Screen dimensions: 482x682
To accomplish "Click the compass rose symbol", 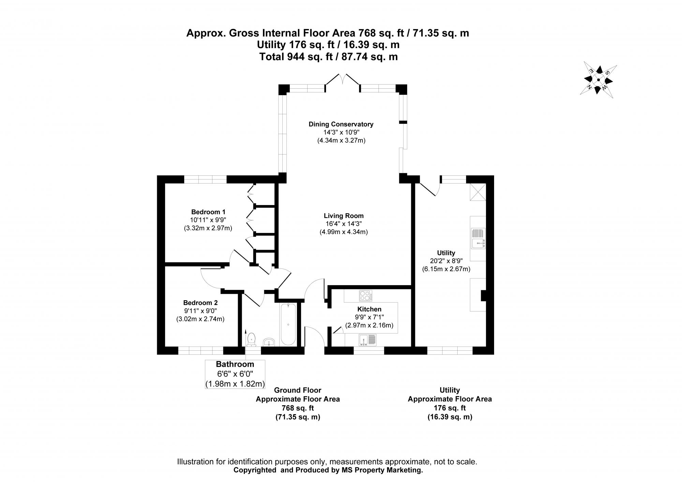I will (x=598, y=81).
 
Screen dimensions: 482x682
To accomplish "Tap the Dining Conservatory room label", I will (x=341, y=124).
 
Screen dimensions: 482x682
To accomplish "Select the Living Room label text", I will (x=343, y=216).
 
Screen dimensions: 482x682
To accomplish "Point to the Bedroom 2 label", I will (x=200, y=303).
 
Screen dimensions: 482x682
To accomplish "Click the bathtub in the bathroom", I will (x=288, y=324).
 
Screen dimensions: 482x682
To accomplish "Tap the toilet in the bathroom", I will (x=252, y=339).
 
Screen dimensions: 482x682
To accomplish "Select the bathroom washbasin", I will (x=269, y=342).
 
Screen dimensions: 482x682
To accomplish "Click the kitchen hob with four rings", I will (x=365, y=295).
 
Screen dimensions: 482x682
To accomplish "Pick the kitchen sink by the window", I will (x=367, y=340).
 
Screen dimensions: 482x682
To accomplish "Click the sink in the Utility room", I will (x=478, y=238).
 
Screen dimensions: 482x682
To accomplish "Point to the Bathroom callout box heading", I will (x=235, y=364).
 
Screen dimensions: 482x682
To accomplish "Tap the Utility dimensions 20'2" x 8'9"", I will (x=446, y=261).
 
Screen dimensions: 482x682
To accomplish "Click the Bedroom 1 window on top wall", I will (x=205, y=179).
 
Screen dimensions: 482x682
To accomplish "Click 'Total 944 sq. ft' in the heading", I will (x=296, y=57).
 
